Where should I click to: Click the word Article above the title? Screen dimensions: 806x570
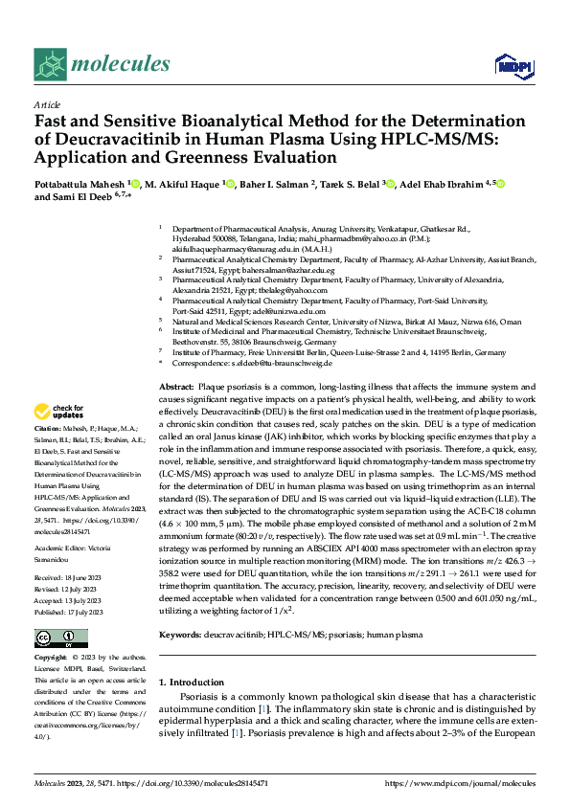tap(47, 104)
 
